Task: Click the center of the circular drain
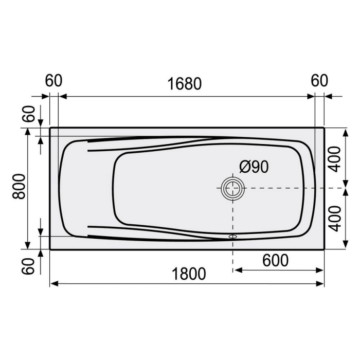[x=233, y=189]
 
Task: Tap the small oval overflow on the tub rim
[x=233, y=237]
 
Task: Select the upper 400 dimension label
[x=335, y=158]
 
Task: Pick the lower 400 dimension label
[x=335, y=218]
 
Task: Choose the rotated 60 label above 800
[x=29, y=114]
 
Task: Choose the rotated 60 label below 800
[x=29, y=265]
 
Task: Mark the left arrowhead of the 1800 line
[x=53, y=283]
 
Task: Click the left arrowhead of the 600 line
[x=237, y=270]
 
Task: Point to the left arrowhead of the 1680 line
[x=62, y=96]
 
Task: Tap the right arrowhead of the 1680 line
[x=311, y=96]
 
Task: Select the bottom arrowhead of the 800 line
[x=27, y=246]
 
